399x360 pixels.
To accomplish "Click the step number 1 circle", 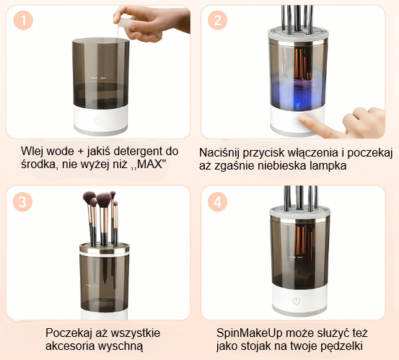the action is click(x=23, y=20).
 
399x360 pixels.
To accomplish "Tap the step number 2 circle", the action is click(x=218, y=20).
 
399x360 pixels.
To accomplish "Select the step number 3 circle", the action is click(x=22, y=202).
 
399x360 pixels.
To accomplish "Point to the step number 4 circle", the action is click(x=218, y=202).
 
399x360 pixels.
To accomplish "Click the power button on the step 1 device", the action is click(x=98, y=120).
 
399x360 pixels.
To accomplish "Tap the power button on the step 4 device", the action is click(x=296, y=301).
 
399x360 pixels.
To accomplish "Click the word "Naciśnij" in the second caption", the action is click(x=219, y=153).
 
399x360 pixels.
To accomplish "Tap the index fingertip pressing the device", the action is click(x=302, y=118).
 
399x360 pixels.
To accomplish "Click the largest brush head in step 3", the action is click(x=104, y=199).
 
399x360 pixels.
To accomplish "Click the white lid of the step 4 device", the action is click(x=299, y=212).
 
